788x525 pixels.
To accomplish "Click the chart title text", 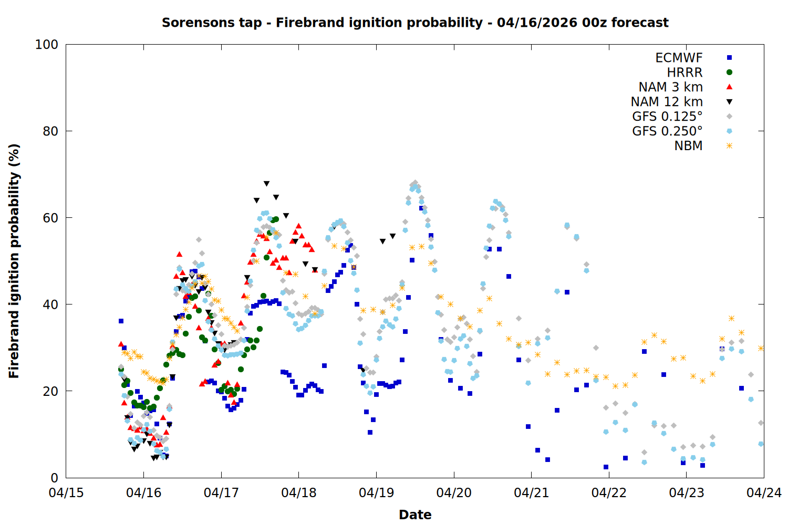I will point(415,23).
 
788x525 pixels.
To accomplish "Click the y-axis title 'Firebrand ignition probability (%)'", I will point(14,261).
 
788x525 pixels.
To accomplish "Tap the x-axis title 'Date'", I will point(415,514).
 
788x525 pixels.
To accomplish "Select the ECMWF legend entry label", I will point(679,58).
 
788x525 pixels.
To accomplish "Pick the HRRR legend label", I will point(685,72).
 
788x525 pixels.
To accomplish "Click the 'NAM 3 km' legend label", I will point(670,87).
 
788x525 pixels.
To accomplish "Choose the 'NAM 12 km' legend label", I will point(667,102).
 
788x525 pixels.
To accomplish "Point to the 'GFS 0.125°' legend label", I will point(667,117).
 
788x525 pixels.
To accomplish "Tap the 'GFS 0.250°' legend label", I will point(667,131).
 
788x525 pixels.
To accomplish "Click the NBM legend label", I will point(688,146).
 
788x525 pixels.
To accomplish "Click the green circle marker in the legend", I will point(729,72).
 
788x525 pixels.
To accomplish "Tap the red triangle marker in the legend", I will point(729,87).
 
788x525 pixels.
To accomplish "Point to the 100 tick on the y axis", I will point(47,45).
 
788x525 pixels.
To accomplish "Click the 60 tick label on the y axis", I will point(50,218).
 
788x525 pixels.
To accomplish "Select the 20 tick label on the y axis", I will point(50,391).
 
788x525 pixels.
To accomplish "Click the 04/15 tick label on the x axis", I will point(66,493).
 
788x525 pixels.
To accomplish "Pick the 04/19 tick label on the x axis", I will point(376,493).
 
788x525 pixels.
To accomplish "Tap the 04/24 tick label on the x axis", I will point(764,493).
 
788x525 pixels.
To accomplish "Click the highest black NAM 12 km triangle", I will point(266,184).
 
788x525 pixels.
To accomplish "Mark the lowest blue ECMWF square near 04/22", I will point(606,467).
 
